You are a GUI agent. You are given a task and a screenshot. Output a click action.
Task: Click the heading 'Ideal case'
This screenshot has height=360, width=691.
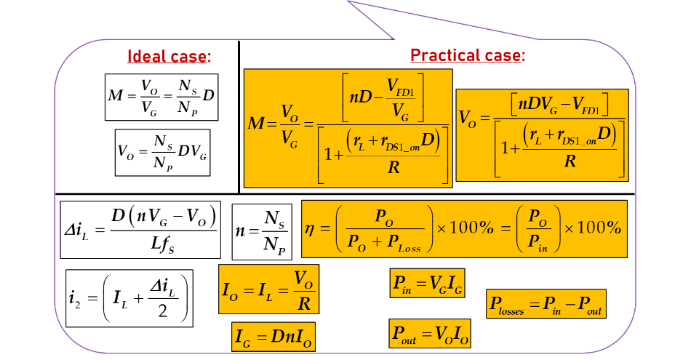(x=169, y=57)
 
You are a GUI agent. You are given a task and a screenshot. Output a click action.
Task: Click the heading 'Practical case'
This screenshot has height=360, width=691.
(x=467, y=55)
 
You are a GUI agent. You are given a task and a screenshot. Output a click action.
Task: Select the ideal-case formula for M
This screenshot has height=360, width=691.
(x=161, y=97)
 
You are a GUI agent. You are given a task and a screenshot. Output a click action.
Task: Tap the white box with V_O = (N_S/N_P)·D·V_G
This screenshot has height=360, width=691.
(x=162, y=152)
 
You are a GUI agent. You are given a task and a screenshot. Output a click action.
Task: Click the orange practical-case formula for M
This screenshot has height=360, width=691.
(x=348, y=129)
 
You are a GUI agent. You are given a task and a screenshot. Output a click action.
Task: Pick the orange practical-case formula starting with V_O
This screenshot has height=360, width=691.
(x=541, y=135)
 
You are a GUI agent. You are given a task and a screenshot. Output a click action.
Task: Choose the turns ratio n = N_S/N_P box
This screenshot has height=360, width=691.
(x=262, y=231)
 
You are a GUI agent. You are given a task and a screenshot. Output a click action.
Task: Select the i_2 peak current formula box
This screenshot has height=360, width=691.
(x=129, y=297)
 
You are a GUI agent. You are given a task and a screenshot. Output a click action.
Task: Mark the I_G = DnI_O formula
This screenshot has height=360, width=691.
(x=273, y=336)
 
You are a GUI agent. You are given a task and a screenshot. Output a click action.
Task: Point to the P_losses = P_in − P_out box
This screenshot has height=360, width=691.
(x=546, y=304)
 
